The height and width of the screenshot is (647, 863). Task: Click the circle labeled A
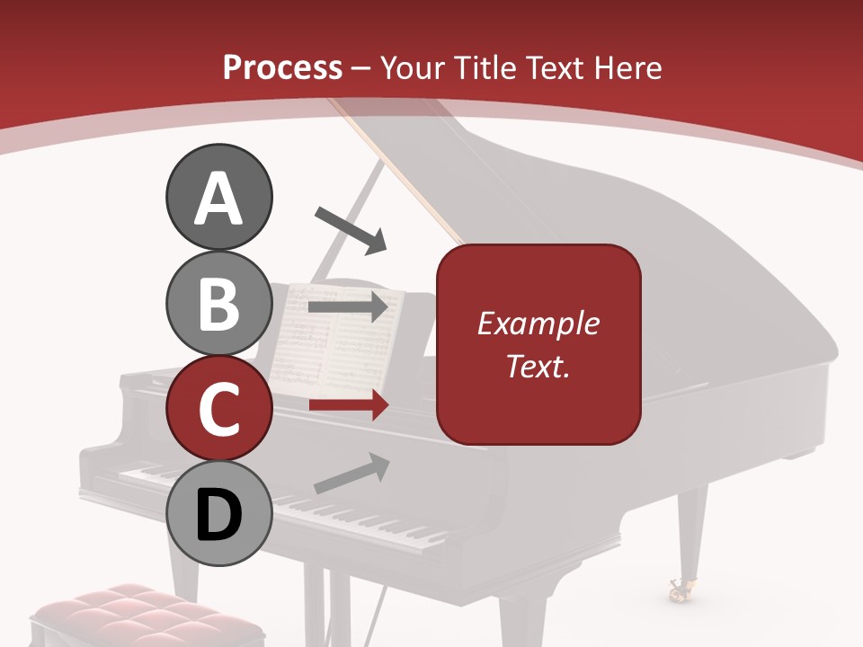218,198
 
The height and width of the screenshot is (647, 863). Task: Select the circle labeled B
218,303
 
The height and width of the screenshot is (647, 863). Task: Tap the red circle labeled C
218,408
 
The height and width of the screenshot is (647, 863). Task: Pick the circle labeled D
218,513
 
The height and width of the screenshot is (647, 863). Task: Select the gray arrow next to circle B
349,306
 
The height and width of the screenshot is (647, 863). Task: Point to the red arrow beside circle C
349,405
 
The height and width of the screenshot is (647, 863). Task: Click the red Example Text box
538,345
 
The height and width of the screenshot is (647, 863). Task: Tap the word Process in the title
282,67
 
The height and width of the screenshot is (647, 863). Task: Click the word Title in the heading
486,67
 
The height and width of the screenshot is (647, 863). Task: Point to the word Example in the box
538,323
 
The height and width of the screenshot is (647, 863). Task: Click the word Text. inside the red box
538,367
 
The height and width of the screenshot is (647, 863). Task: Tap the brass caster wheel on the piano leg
678,589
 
